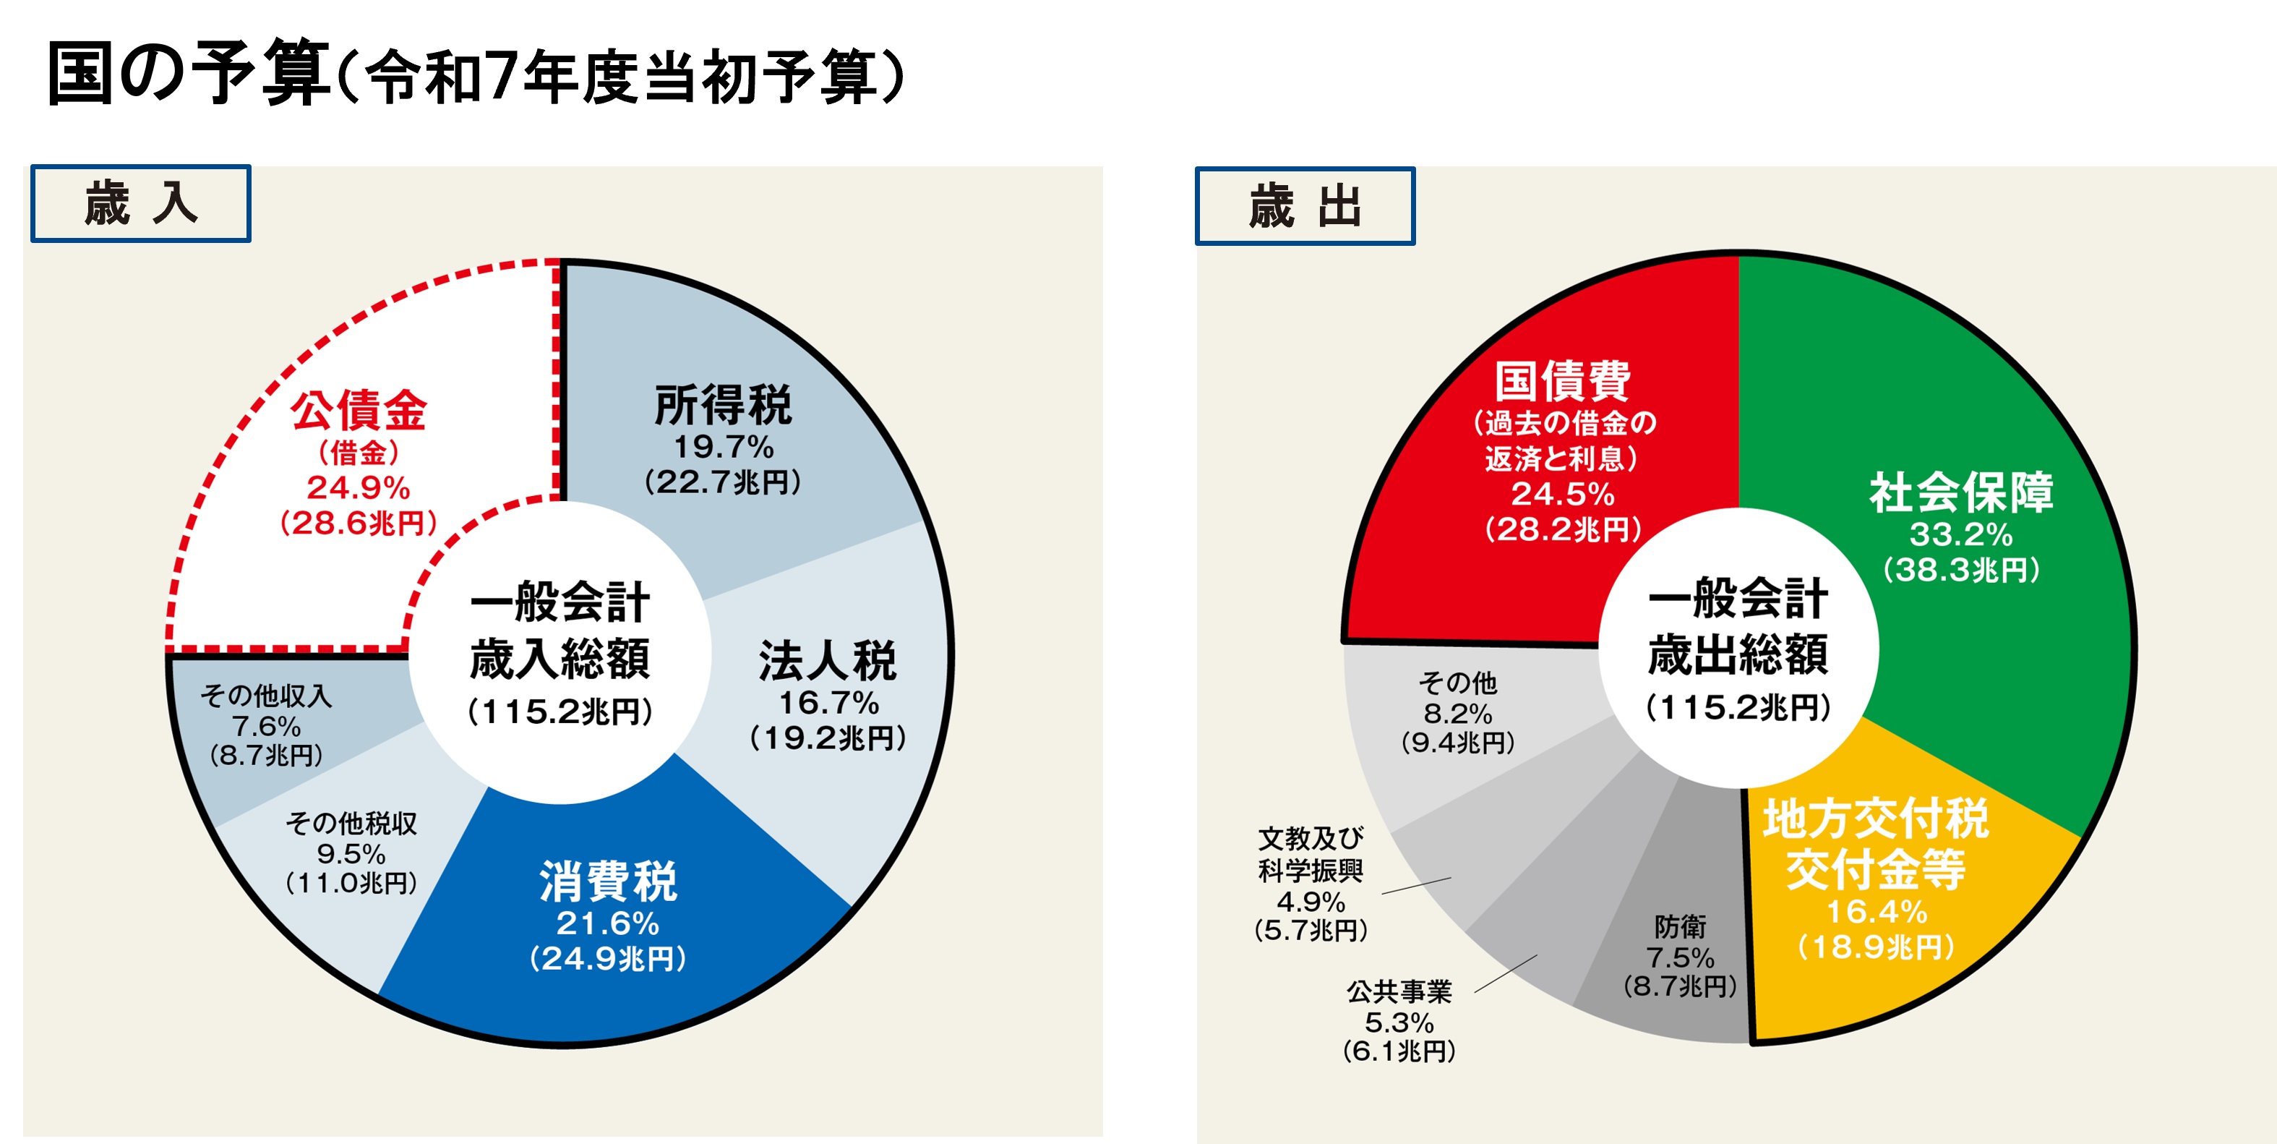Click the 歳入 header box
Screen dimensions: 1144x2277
point(140,203)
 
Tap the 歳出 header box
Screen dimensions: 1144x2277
point(1305,206)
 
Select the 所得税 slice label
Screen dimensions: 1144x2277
point(723,406)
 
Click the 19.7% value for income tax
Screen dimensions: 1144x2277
point(723,446)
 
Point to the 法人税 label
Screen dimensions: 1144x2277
point(828,661)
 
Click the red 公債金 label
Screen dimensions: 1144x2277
point(359,411)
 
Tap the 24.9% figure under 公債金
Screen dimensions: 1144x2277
point(358,487)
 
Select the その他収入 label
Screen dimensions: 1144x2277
point(266,696)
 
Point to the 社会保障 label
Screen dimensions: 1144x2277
point(1960,492)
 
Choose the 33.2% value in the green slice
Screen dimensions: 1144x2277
point(1960,534)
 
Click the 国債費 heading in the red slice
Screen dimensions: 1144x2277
point(1562,382)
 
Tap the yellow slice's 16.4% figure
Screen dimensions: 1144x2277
point(1876,910)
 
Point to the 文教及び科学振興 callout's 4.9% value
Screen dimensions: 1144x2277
point(1311,902)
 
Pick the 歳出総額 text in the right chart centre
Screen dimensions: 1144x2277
point(1738,654)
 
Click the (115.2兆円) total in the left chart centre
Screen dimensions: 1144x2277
point(559,711)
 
